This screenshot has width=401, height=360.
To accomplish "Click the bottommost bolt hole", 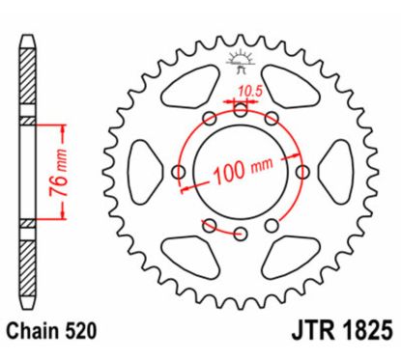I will (x=241, y=234).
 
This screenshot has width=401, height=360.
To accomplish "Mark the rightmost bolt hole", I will (x=302, y=172).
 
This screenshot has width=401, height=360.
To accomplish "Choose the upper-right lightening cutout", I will (x=295, y=92).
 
